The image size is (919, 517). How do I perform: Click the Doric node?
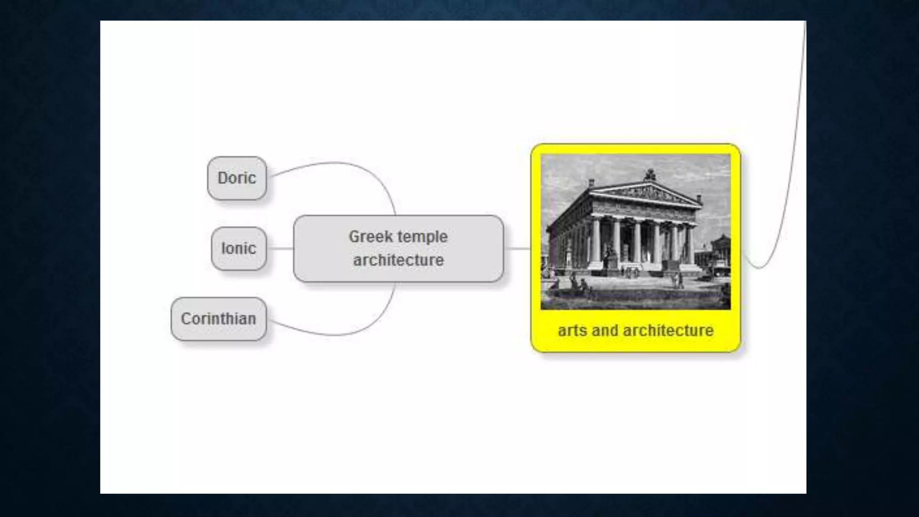point(237,178)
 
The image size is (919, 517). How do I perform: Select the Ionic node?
point(239,248)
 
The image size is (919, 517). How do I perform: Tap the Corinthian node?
point(219,319)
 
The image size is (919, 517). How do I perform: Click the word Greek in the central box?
point(370,237)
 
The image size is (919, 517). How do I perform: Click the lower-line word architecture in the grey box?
point(398,260)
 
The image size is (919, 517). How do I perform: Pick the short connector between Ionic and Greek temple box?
point(280,248)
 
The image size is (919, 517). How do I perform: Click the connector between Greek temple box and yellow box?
point(517,248)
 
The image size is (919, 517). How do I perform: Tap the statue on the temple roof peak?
point(650,174)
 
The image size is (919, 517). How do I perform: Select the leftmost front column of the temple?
point(595,242)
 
